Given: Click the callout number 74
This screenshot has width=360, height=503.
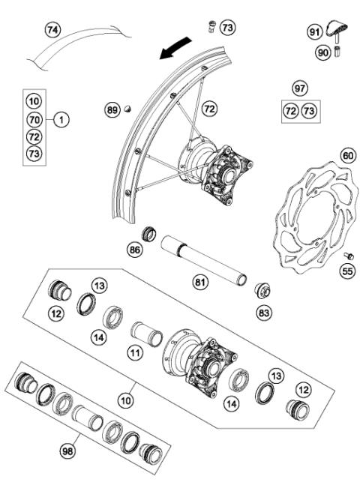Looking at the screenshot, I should click(52, 31).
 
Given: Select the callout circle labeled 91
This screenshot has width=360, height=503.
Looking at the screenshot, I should click(314, 32).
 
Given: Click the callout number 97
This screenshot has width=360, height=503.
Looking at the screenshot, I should click(300, 88).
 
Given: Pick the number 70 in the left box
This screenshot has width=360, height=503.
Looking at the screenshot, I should click(34, 118).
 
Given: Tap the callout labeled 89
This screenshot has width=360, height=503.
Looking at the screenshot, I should click(112, 110).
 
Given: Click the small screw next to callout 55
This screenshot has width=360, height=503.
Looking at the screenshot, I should click(346, 256).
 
